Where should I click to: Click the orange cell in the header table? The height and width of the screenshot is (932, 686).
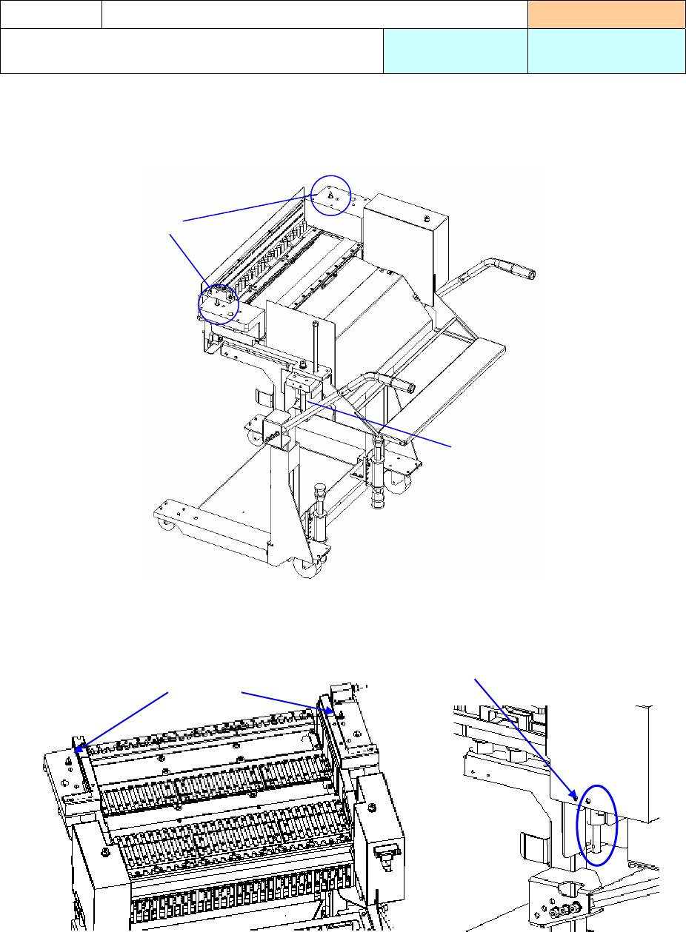[x=606, y=14]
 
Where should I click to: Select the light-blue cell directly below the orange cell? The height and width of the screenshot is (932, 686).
[x=606, y=51]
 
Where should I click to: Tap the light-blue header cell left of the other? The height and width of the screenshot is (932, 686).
[x=455, y=51]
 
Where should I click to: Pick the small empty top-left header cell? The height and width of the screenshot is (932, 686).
[x=50, y=14]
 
